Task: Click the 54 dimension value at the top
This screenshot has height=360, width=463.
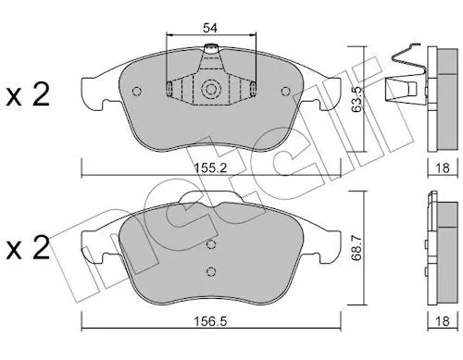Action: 210,28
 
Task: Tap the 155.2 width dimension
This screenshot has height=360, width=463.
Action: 211,168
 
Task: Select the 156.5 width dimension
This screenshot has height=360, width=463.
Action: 211,321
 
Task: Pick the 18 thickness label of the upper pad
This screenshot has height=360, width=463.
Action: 443,168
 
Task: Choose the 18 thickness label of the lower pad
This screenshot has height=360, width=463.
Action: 443,321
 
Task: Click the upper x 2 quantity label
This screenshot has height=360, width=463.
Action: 28,95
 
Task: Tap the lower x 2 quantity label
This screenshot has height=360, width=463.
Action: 28,248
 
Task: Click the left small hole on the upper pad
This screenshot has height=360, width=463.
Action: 136,92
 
